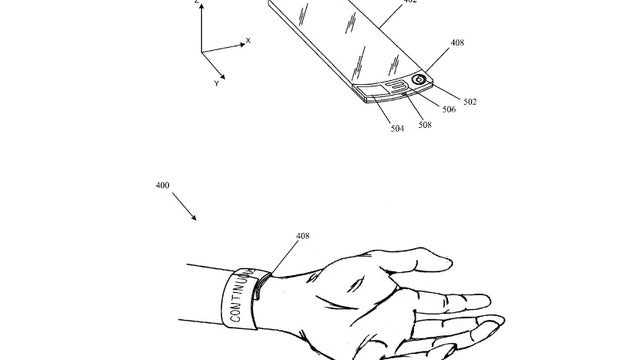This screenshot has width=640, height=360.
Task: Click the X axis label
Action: click(249, 41)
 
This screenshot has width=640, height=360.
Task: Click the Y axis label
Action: click(217, 83)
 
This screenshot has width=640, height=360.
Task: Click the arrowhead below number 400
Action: click(194, 219)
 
